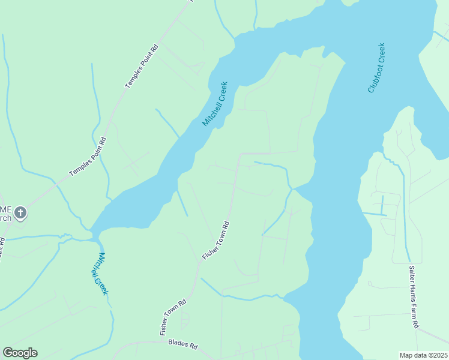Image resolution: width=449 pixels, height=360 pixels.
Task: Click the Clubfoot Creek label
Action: pyautogui.click(x=376, y=68)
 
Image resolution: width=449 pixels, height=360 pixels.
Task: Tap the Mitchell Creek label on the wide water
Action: pyautogui.click(x=215, y=103)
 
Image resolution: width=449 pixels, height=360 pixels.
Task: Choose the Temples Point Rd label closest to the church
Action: pyautogui.click(x=88, y=157)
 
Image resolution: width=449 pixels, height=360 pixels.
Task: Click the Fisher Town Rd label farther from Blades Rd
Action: pyautogui.click(x=216, y=241)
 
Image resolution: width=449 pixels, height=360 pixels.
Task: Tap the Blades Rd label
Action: pyautogui.click(x=182, y=345)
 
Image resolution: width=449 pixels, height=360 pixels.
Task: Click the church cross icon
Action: pyautogui.click(x=20, y=212)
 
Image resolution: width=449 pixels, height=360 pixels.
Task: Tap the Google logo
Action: pyautogui.click(x=20, y=353)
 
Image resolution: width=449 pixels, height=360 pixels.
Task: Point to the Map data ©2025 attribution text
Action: pyautogui.click(x=423, y=355)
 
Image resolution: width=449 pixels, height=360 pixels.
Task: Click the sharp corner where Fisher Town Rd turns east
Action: pyautogui.click(x=240, y=154)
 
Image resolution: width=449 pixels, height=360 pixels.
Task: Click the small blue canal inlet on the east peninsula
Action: pyautogui.click(x=375, y=213)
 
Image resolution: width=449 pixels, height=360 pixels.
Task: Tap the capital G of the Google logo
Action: pyautogui.click(x=7, y=353)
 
